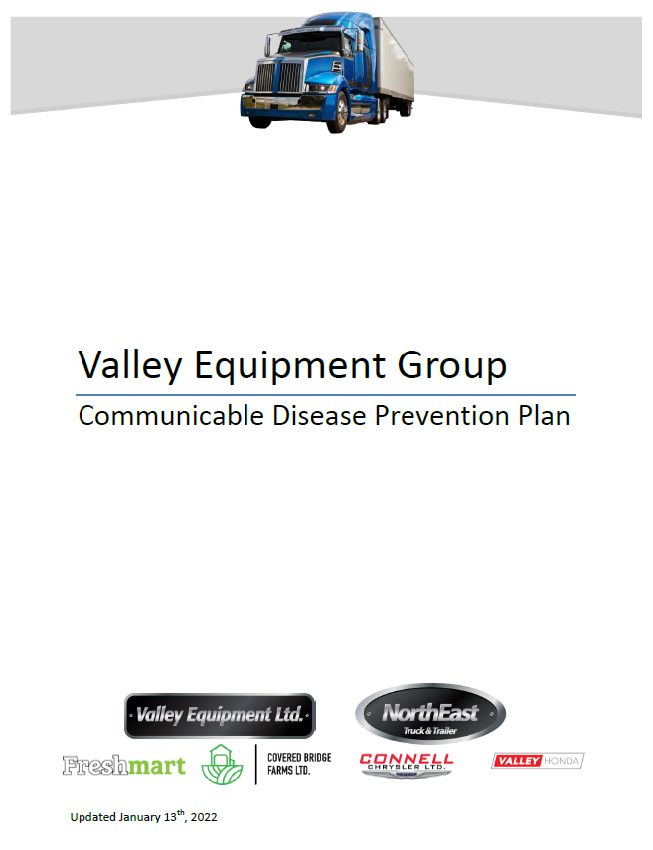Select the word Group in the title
(452, 365)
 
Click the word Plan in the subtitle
(544, 415)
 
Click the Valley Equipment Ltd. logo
(220, 715)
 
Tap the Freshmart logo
(123, 765)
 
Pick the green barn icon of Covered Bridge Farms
(222, 765)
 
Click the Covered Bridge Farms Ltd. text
(299, 764)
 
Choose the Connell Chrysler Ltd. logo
(407, 763)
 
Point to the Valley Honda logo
(538, 761)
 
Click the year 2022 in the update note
(203, 818)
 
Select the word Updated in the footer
(92, 818)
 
